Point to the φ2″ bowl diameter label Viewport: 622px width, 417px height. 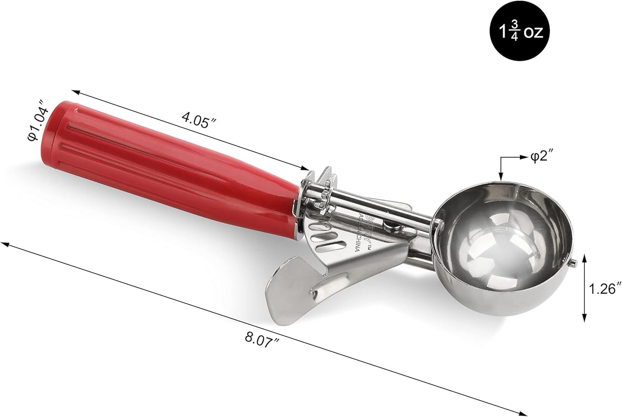pyautogui.click(x=540, y=157)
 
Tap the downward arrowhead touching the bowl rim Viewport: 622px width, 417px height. pyautogui.click(x=500, y=176)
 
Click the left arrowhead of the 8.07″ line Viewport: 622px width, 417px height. pyautogui.click(x=5, y=244)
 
